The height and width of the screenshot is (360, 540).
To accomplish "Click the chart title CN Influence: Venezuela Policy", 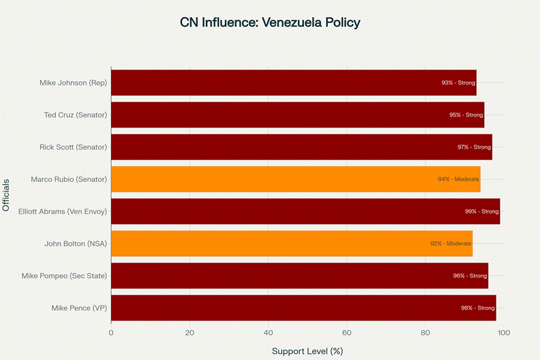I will tap(270, 22).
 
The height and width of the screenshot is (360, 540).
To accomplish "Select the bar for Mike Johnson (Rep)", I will tap(293, 82).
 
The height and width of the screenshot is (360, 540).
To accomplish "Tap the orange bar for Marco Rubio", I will tap(295, 179).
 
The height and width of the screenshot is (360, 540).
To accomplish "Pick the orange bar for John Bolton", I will tap(291, 243).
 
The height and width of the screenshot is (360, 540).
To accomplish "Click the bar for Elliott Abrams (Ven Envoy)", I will tap(305, 211).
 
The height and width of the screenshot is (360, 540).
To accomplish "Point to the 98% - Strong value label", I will tap(477, 308).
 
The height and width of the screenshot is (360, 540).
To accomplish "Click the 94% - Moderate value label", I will tap(458, 179).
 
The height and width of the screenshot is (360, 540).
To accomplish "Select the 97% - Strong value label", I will tap(473, 147).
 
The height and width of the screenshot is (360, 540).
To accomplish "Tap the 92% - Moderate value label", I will tap(450, 243).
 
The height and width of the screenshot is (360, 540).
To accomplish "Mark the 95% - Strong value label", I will tap(466, 115).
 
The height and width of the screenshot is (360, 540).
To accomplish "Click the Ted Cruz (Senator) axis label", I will tap(75, 115).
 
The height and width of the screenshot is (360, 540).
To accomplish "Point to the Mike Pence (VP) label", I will tap(79, 308).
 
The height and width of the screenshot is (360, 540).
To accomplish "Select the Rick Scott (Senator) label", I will tap(74, 147).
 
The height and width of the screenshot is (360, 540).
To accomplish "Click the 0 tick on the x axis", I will tap(111, 333).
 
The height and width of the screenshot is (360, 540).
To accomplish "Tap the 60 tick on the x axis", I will tap(346, 333).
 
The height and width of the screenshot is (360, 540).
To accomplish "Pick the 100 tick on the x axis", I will tap(503, 333).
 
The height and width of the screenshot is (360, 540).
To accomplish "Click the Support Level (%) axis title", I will tap(307, 351).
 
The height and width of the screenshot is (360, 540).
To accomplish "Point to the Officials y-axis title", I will tap(7, 195).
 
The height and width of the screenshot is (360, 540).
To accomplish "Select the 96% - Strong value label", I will tap(470, 275).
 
